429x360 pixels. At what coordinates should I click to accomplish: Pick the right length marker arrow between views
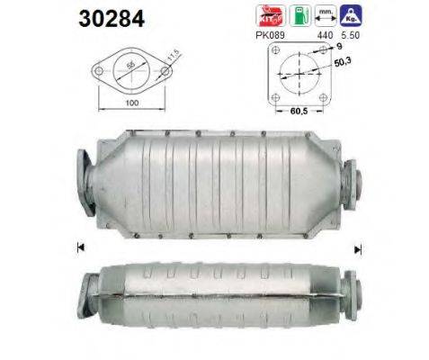coord(358,247)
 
